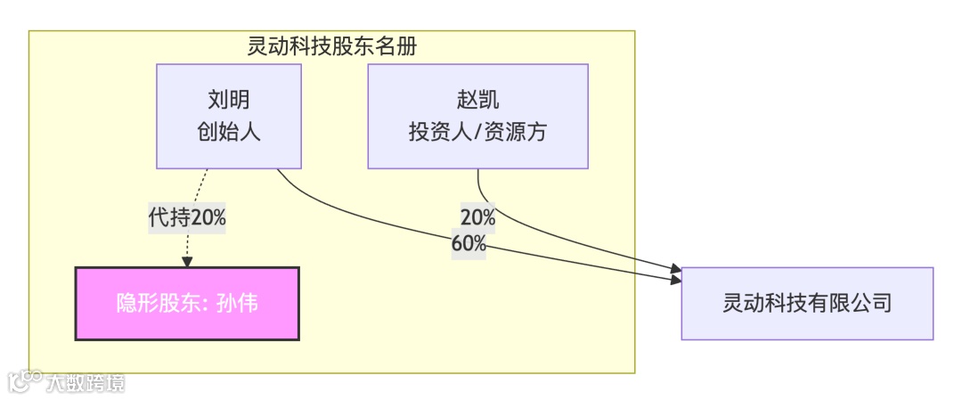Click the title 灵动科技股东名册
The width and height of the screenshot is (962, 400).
click(x=331, y=46)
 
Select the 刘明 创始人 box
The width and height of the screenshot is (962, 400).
click(x=229, y=116)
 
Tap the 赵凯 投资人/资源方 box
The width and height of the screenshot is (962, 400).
click(x=477, y=116)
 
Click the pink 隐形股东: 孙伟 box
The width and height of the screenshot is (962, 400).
click(x=187, y=304)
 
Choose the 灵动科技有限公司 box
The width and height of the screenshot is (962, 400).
click(x=807, y=304)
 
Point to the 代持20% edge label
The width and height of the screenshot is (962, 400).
click(x=187, y=216)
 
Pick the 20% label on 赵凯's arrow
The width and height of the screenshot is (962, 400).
click(x=477, y=216)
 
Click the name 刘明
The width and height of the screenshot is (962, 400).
click(x=229, y=100)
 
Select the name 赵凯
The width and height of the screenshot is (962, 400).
click(x=477, y=100)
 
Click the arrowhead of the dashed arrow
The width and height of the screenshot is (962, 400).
click(x=187, y=262)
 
